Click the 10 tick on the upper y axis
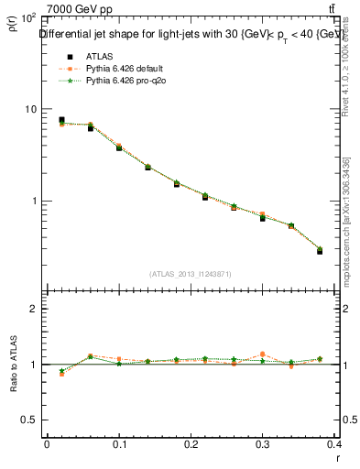pyautogui.click(x=29, y=109)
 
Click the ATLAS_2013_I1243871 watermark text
pyautogui.click(x=190, y=274)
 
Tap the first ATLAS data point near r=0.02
pyautogui.click(x=61, y=120)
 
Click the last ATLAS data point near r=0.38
pyautogui.click(x=320, y=250)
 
